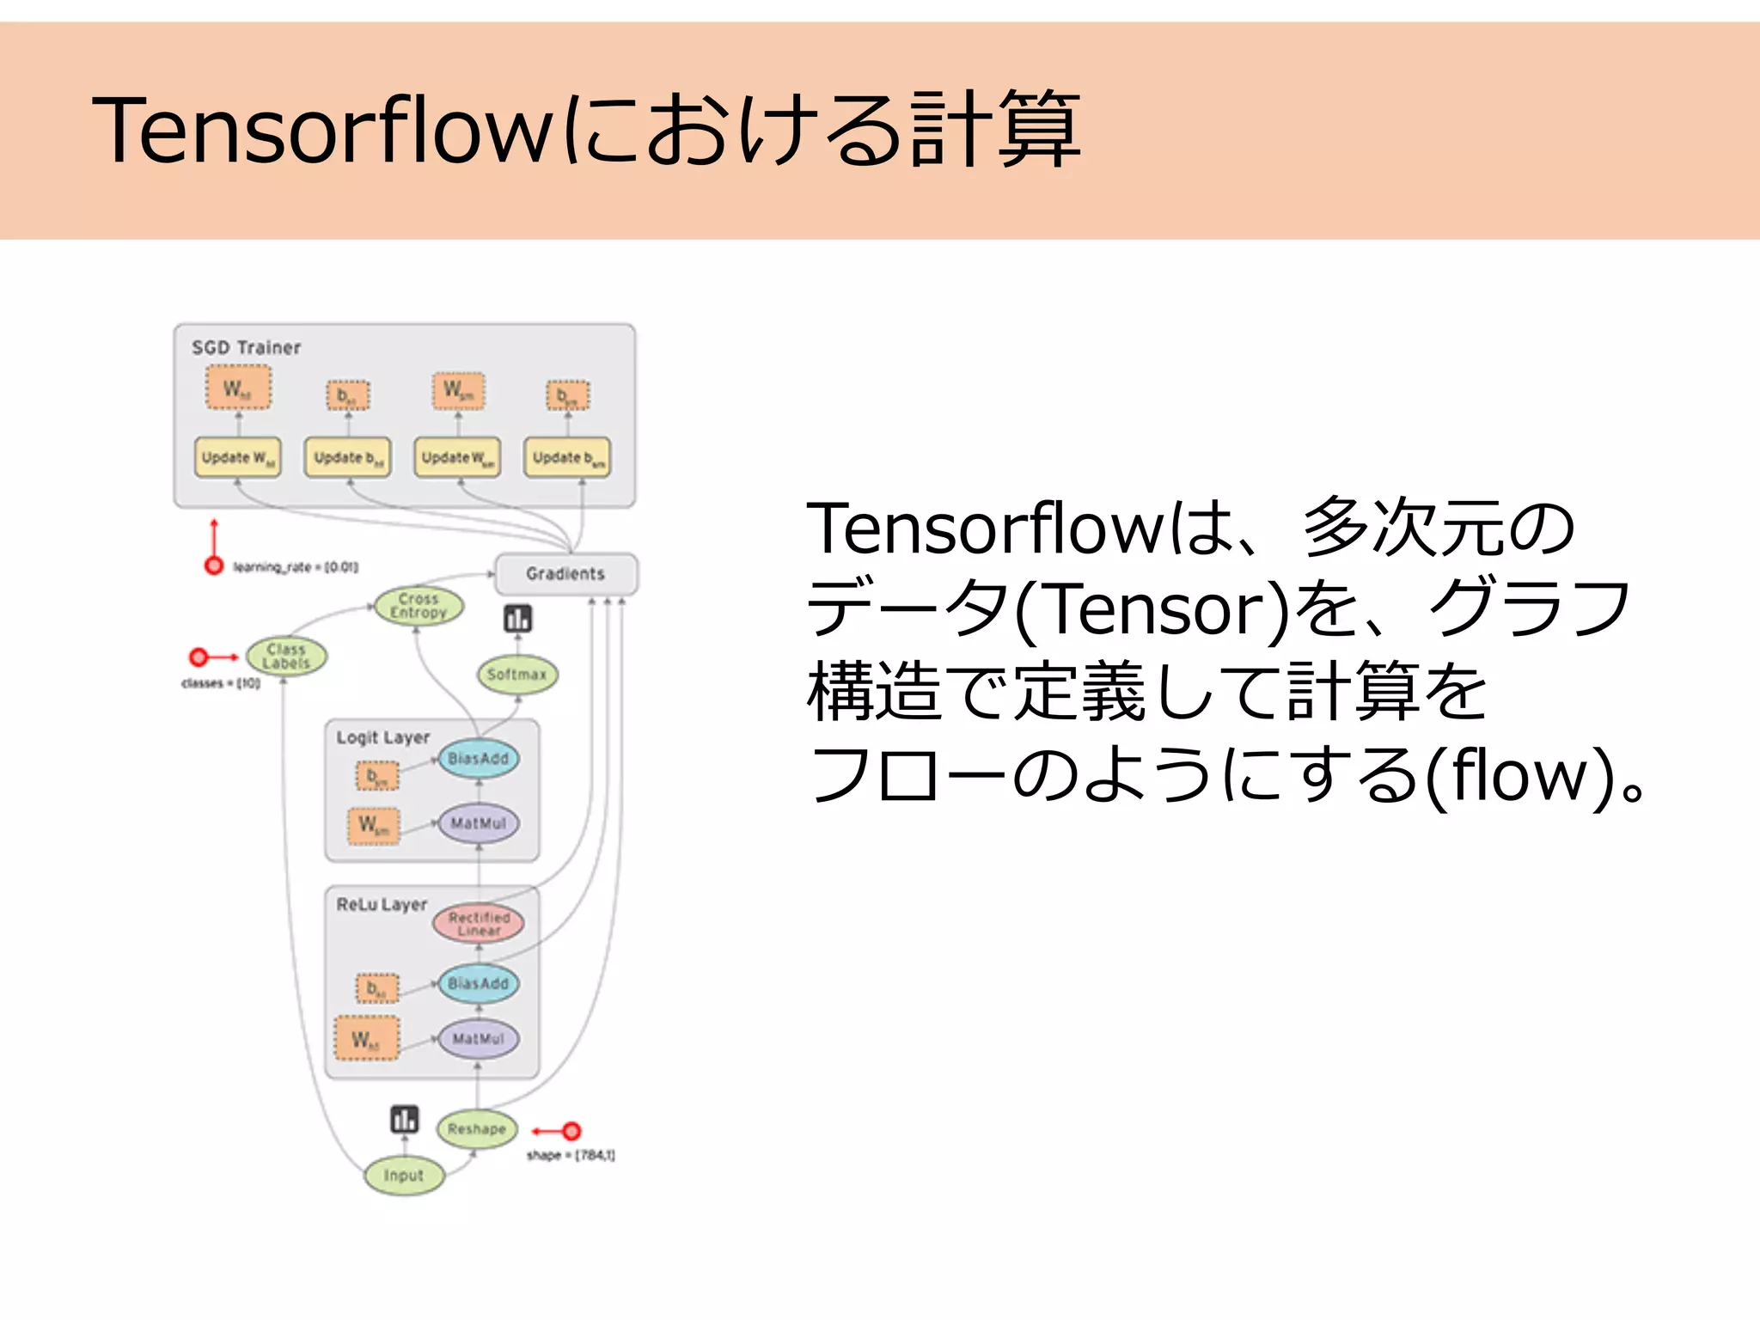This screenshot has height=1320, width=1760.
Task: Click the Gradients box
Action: tap(566, 574)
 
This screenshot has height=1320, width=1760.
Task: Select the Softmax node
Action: tap(517, 675)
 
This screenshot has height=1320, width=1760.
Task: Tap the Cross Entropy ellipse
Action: tap(419, 606)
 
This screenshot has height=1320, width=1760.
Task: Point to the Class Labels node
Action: tap(286, 657)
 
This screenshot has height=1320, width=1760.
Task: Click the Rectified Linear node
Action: tap(479, 924)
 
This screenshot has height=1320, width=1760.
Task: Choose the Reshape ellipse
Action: tap(477, 1129)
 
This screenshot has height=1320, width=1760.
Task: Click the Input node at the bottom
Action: tap(404, 1176)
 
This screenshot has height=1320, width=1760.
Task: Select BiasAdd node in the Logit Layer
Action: tap(479, 759)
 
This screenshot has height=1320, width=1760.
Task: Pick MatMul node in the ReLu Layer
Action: tap(479, 1039)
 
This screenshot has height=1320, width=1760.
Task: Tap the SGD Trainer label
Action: tap(247, 348)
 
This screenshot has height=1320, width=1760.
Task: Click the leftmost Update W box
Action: tap(238, 458)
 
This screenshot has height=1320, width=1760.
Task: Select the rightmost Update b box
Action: tap(567, 458)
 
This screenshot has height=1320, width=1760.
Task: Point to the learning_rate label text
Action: tap(296, 567)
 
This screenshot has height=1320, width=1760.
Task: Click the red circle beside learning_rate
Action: tap(214, 565)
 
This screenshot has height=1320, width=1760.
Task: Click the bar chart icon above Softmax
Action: tap(518, 619)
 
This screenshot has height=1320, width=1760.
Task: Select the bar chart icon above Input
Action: tap(405, 1119)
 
